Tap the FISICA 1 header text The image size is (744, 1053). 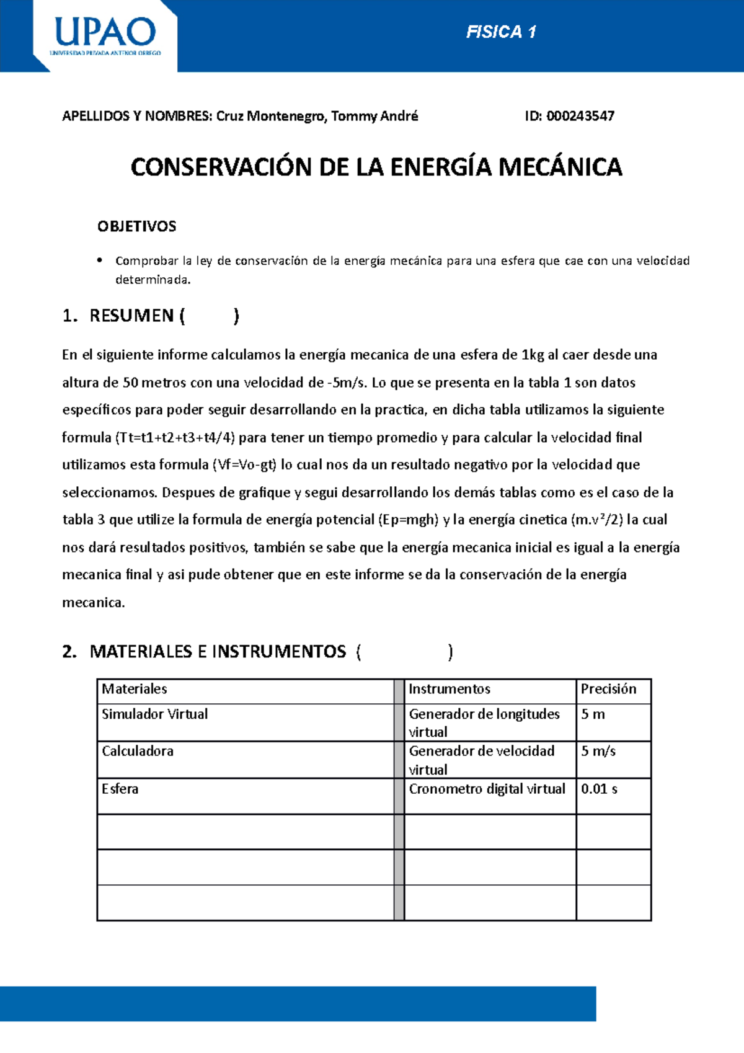501,32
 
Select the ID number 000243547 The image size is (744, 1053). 580,116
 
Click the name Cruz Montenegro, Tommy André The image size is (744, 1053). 317,116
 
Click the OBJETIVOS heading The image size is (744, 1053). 136,226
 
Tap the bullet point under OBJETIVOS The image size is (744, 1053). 99,260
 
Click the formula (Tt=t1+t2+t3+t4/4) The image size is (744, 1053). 175,438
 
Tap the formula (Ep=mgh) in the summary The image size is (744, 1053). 408,520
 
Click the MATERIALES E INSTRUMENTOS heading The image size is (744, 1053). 218,652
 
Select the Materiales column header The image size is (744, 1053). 135,689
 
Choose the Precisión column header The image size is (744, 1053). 608,689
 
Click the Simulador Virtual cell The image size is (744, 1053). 155,714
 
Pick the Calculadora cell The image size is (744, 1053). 138,752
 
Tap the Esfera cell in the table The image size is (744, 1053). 120,789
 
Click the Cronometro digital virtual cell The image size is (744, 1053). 487,789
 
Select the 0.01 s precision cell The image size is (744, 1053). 599,789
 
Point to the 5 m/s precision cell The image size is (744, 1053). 598,752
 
